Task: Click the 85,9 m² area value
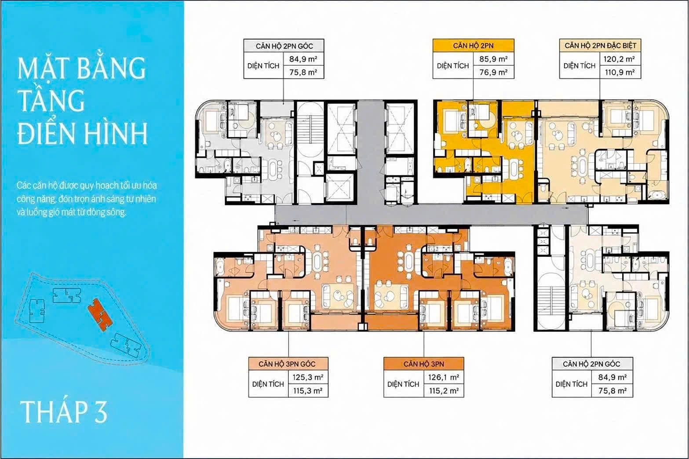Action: pyautogui.click(x=493, y=59)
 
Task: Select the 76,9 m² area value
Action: pyautogui.click(x=493, y=72)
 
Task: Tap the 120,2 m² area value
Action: pyautogui.click(x=620, y=59)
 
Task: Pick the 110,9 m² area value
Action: pyautogui.click(x=620, y=72)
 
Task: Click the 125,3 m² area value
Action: pyautogui.click(x=308, y=377)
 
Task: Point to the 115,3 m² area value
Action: pyautogui.click(x=308, y=391)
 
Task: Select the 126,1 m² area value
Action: pyautogui.click(x=444, y=377)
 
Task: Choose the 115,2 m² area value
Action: pyautogui.click(x=444, y=391)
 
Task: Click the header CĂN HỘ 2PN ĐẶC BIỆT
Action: pyautogui.click(x=601, y=46)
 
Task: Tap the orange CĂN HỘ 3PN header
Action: pyautogui.click(x=424, y=364)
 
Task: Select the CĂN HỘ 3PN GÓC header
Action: pyautogui.click(x=287, y=364)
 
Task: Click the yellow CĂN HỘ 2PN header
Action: pyautogui.click(x=474, y=46)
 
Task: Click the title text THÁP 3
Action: pyautogui.click(x=64, y=412)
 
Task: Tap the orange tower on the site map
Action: pyautogui.click(x=100, y=314)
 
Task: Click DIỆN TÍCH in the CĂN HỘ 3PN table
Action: pyautogui.click(x=403, y=384)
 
